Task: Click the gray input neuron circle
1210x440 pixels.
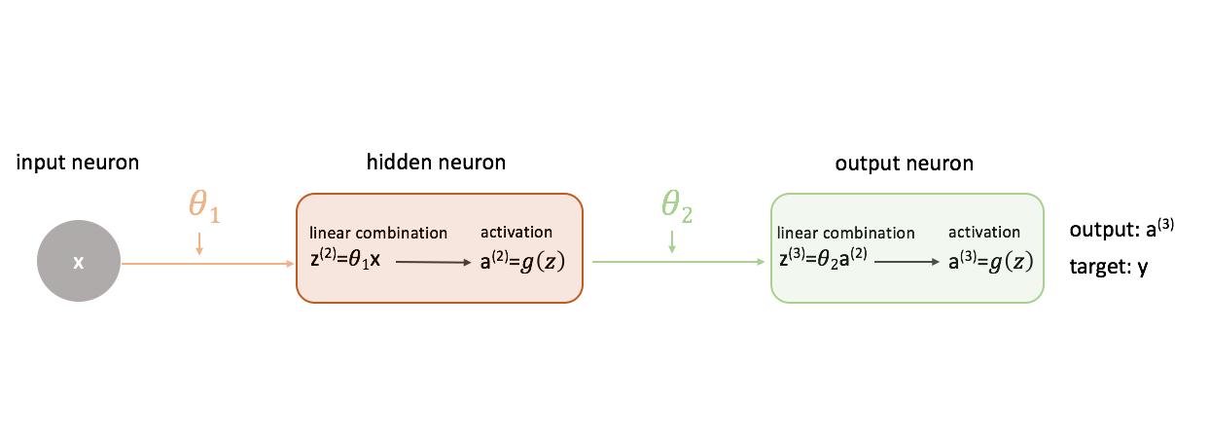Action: tap(79, 263)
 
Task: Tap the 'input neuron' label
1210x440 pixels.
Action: tap(78, 163)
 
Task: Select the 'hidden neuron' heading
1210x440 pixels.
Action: tap(436, 163)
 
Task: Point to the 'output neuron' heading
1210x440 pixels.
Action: tap(904, 164)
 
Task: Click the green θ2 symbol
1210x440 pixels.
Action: tap(677, 207)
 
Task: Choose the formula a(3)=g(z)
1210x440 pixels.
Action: tap(990, 261)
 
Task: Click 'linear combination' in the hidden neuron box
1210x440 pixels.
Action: tap(378, 234)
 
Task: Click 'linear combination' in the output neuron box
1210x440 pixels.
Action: tap(846, 234)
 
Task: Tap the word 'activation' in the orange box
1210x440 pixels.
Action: tap(516, 232)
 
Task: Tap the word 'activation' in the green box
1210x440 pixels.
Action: tap(984, 232)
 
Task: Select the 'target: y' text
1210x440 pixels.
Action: tap(1109, 266)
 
